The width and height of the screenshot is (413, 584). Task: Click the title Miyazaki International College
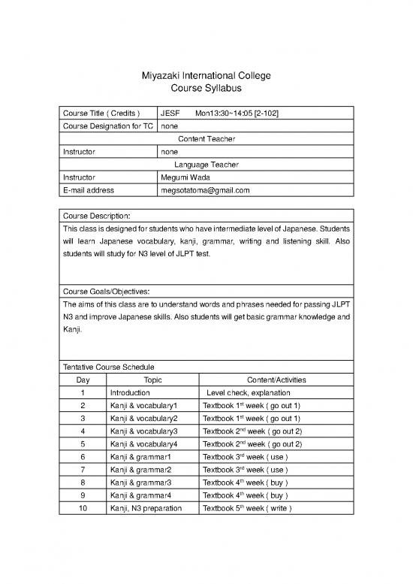pos(206,76)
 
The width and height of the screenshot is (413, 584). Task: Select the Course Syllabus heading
pos(206,89)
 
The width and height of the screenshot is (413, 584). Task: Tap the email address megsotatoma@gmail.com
pos(204,191)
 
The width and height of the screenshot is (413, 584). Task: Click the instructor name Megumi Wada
pos(185,177)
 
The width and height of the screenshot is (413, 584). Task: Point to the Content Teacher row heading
pos(206,139)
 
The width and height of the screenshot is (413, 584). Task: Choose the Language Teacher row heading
pos(206,165)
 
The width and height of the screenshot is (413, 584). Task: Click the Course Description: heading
pos(97,216)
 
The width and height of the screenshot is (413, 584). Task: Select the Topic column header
pos(152,380)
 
